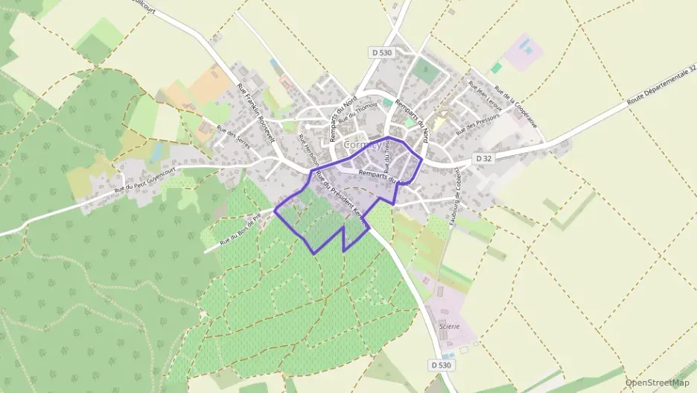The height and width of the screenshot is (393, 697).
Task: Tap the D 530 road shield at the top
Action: tap(381, 52)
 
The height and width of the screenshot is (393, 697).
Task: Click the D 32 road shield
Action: tap(483, 159)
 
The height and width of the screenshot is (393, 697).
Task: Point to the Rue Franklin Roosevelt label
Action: tap(256, 112)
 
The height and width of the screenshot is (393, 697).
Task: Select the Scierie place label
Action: tap(449, 326)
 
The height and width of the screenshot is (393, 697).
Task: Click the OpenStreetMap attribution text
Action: tap(658, 383)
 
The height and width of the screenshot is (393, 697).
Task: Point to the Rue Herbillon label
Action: tap(308, 151)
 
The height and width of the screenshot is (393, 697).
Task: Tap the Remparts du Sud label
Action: tap(383, 177)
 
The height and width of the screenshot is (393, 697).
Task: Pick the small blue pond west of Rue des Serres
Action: tap(156, 152)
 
